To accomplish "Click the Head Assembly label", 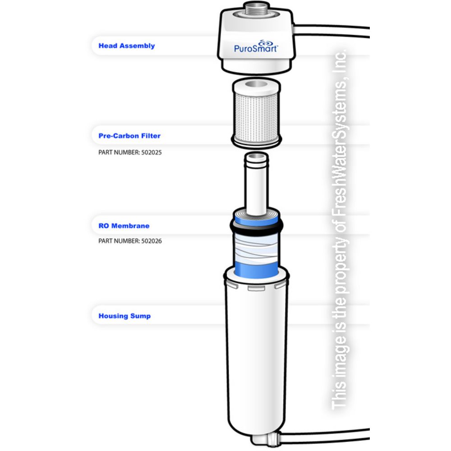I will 126,46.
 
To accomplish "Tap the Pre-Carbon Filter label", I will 129,135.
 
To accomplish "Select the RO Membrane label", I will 124,225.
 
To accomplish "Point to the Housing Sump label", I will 124,316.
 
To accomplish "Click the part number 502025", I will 130,152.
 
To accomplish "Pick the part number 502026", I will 130,241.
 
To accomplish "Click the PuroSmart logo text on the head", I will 255,48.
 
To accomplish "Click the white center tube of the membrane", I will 256,185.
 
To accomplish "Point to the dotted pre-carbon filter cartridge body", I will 256,113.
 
